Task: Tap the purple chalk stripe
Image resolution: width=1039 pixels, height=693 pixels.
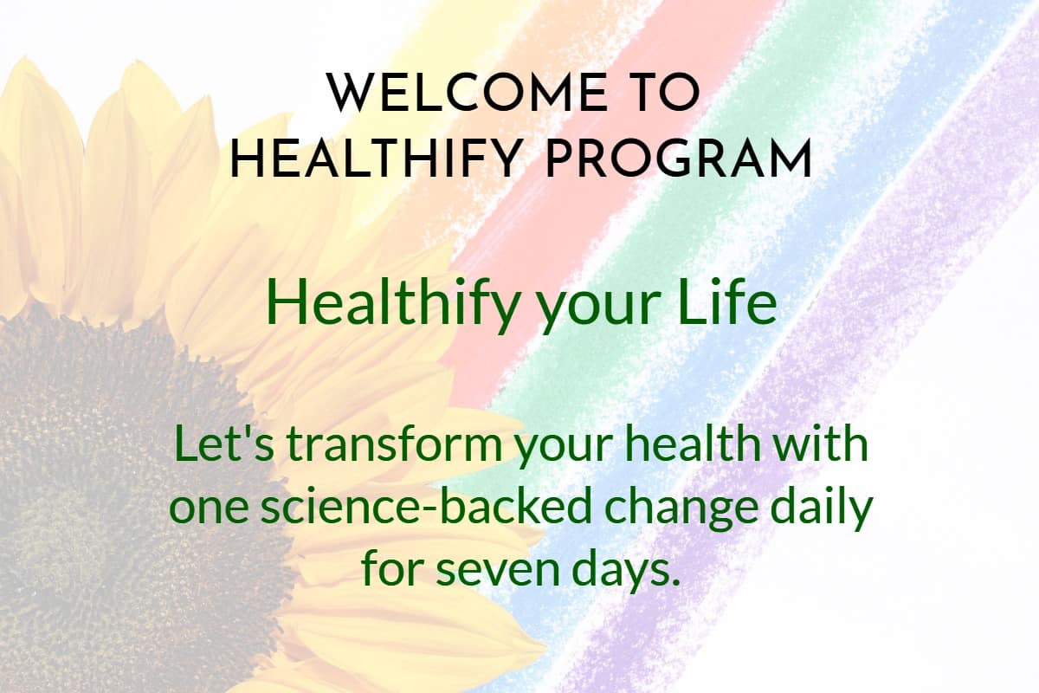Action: point(866,346)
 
